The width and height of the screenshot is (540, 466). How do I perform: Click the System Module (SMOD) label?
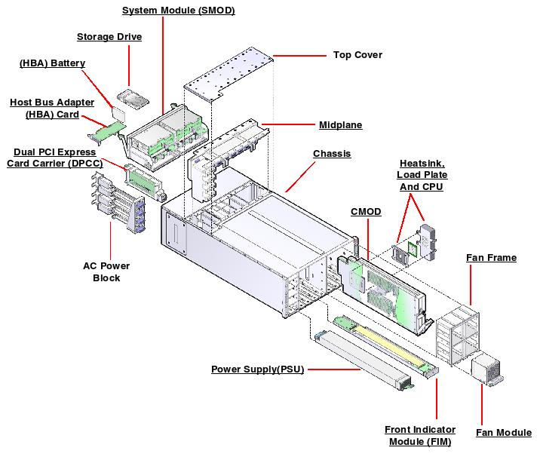tap(178, 11)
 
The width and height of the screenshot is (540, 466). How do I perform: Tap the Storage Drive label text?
tap(109, 36)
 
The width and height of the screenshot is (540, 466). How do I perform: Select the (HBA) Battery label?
tap(52, 63)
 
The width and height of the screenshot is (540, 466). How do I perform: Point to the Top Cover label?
tap(357, 54)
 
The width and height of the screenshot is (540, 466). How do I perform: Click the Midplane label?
tap(341, 124)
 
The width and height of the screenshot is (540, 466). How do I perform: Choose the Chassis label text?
tap(332, 154)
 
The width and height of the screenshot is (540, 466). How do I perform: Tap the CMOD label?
tap(366, 212)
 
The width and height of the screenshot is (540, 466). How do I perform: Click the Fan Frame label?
tap(491, 258)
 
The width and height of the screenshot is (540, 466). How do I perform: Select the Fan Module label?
tap(503, 432)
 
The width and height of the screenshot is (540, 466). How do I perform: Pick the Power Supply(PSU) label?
tap(257, 369)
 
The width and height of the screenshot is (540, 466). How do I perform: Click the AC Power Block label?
tap(106, 271)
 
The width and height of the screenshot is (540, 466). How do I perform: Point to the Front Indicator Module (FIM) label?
tap(418, 435)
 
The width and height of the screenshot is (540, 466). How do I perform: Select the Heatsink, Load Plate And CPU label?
tap(421, 174)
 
